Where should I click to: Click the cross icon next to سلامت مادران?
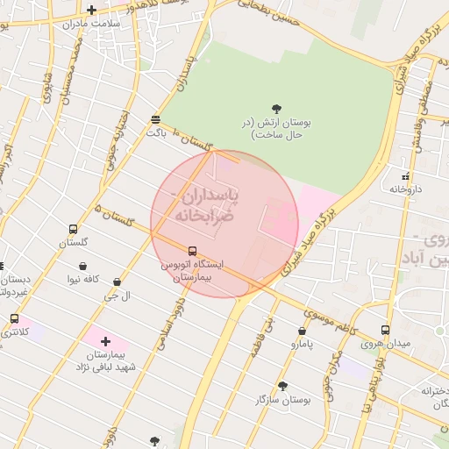tap(91, 11)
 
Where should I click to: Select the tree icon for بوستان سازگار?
tap(282, 385)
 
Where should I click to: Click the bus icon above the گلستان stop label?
tap(73, 229)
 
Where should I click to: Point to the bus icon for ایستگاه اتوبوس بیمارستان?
tap(193, 251)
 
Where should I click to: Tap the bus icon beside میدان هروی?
tap(386, 330)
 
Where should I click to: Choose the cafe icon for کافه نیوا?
tap(82, 266)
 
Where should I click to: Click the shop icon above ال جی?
tap(117, 282)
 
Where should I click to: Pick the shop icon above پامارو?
tap(302, 331)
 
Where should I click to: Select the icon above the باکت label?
tap(156, 119)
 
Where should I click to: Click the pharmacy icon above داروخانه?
tap(406, 175)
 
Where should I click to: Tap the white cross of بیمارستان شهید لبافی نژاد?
tap(106, 340)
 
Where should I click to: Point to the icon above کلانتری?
tap(14, 319)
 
